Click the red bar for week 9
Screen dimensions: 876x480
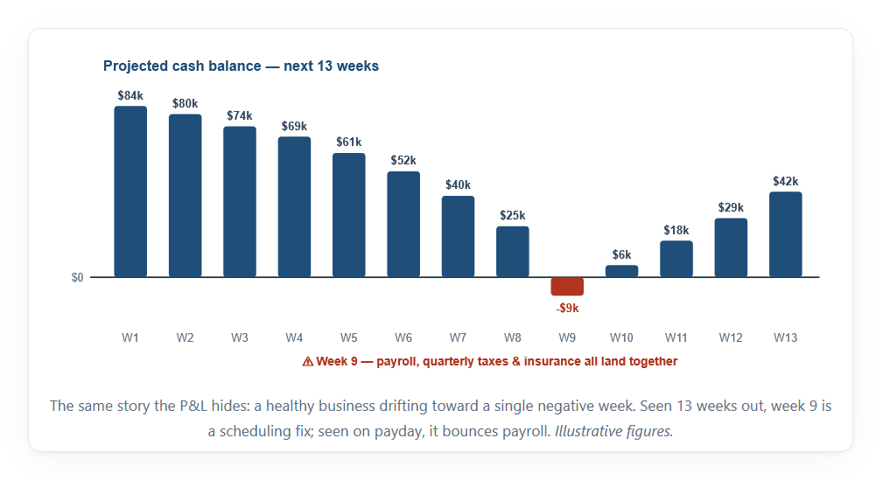click(567, 286)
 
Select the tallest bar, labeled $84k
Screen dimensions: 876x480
click(130, 191)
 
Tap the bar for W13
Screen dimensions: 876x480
click(786, 234)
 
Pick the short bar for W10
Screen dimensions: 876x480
click(622, 271)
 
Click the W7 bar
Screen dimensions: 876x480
click(458, 237)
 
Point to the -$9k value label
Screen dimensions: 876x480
click(567, 308)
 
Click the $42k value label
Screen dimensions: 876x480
click(786, 181)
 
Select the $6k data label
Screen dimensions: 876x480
click(622, 255)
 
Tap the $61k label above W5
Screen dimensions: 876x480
click(348, 143)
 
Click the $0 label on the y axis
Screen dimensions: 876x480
click(77, 277)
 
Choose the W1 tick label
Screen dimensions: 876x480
click(130, 337)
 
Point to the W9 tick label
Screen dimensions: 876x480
click(567, 337)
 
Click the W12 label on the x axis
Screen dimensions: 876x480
click(731, 337)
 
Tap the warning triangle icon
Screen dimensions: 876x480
click(308, 362)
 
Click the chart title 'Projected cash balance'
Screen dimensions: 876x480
click(182, 66)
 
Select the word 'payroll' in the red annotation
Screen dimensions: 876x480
click(397, 362)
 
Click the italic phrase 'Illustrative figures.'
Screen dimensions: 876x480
click(614, 431)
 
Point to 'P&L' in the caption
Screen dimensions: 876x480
click(193, 406)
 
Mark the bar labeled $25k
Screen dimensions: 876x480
click(513, 252)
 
